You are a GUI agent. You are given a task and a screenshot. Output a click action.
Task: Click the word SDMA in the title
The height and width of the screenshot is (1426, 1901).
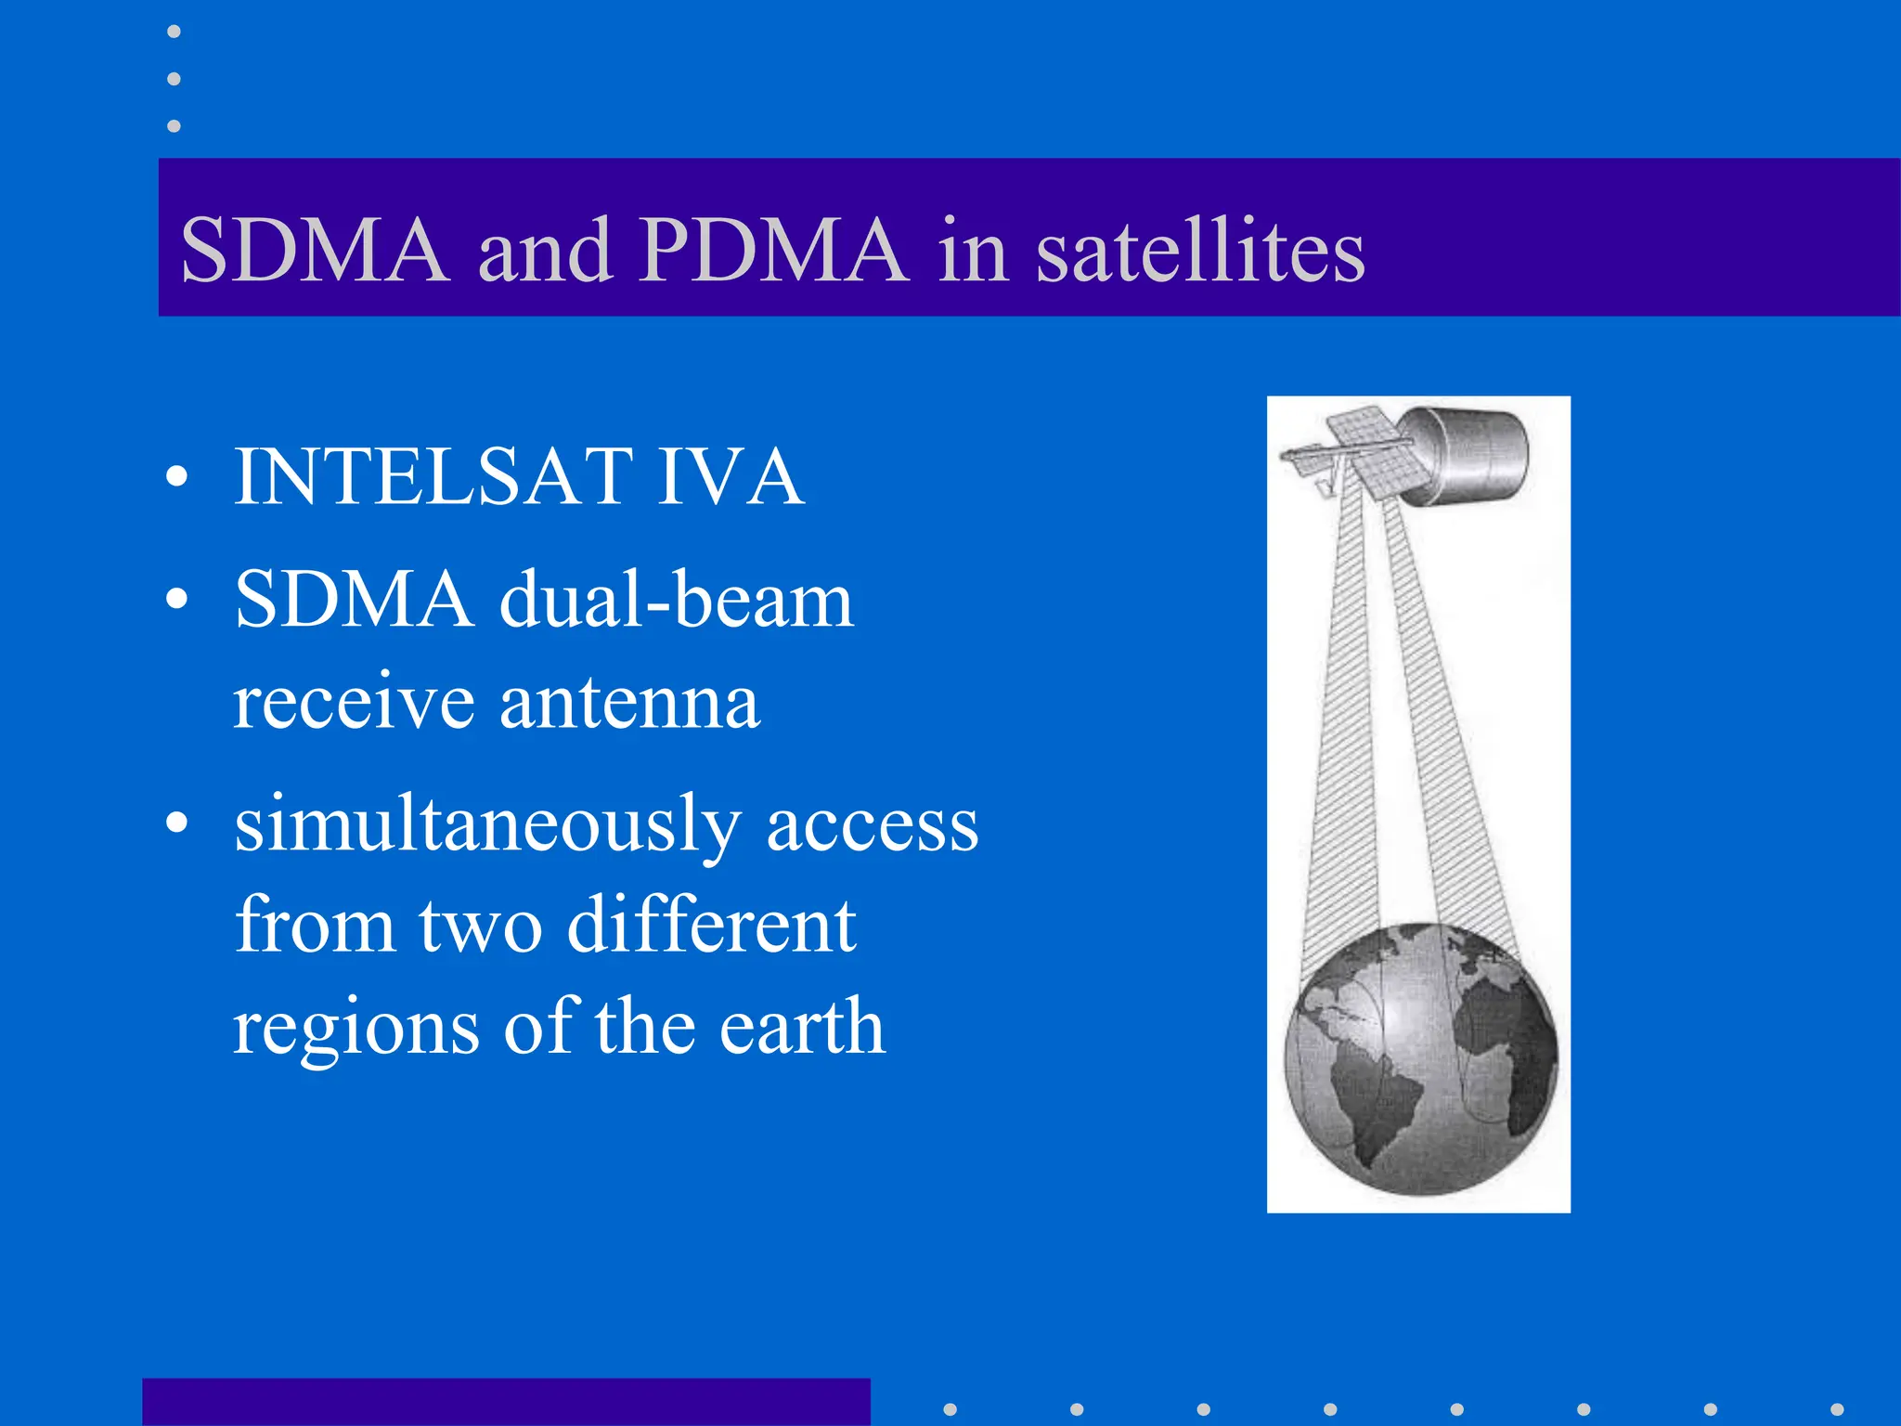pos(315,251)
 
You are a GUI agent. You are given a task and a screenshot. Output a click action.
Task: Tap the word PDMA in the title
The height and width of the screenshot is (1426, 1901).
pos(772,251)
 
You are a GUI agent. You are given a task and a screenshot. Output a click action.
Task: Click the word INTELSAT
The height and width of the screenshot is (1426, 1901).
pos(433,476)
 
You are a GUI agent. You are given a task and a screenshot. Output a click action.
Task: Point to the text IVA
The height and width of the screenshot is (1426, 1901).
pos(730,476)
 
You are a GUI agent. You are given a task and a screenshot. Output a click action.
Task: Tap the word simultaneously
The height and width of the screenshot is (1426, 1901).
pos(487,824)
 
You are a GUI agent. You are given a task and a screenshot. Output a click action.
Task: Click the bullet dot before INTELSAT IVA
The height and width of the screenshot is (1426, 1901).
pos(176,478)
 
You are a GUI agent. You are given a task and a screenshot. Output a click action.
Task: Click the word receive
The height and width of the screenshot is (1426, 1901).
pos(353,702)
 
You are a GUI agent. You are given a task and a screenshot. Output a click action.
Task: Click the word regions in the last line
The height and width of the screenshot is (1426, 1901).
pos(356,1029)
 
